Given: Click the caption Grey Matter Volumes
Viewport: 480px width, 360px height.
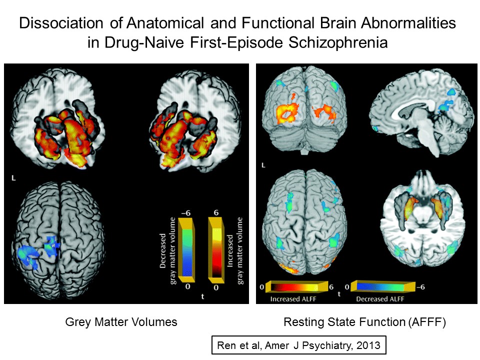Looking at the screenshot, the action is click(x=121, y=322).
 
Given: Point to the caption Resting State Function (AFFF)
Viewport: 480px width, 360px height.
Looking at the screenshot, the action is click(x=364, y=322).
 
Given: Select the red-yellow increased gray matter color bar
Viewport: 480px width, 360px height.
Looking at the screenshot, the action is click(x=217, y=250).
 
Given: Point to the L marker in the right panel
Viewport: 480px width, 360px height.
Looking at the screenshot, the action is click(x=263, y=164).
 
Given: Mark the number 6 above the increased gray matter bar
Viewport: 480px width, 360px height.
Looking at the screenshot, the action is click(x=216, y=212).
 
